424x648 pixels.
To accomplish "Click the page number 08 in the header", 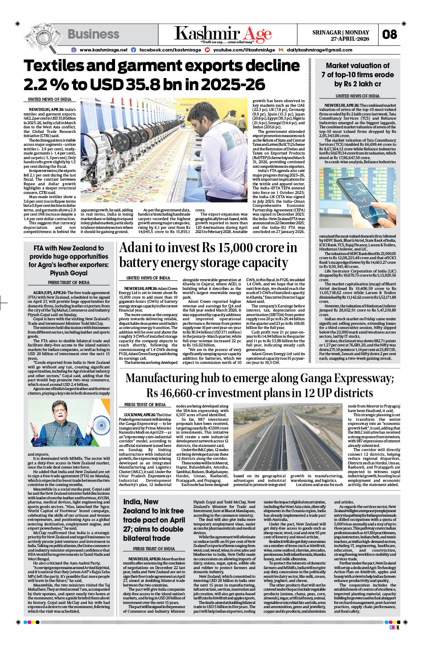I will [x=390, y=34].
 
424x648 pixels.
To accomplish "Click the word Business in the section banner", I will [x=93, y=34].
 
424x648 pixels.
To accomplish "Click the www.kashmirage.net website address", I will [x=103, y=50].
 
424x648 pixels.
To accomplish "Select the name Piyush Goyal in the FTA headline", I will [x=69, y=273].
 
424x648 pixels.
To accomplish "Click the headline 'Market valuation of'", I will [x=358, y=66].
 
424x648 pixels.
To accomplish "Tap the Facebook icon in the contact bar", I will [x=133, y=50].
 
